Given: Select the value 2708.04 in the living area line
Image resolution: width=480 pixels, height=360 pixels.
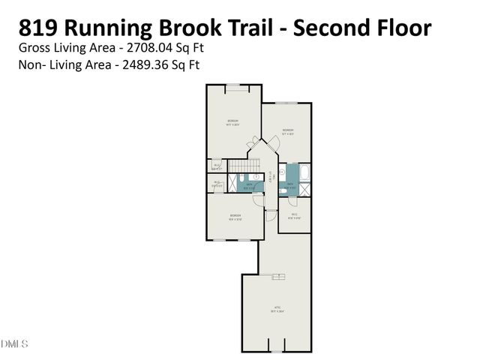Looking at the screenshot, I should pos(147,47).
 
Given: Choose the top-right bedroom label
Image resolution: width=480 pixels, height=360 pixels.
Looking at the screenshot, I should pos(287,132).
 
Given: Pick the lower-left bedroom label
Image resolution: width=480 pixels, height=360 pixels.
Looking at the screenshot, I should pos(235,217).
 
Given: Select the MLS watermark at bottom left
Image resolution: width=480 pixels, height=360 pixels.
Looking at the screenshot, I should pos(14,343).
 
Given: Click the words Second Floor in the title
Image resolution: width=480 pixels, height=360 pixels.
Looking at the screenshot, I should pos(361,28).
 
